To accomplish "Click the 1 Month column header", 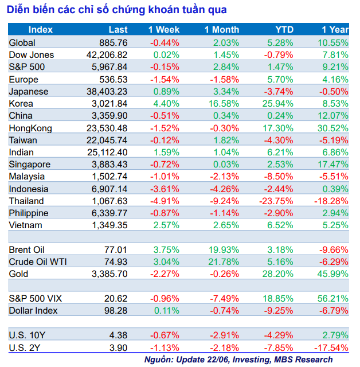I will pos(222,30).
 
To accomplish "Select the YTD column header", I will pos(284,30).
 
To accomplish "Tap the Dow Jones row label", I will pos(32,55).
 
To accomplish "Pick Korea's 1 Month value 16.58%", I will pos(223,104).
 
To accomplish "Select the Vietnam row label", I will pos(26,225).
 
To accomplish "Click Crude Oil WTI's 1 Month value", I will pos(223,262).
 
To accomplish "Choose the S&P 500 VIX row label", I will pos(35,298).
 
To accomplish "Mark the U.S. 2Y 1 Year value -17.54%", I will pos(331,348).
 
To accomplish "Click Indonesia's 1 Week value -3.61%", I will pos(165,189).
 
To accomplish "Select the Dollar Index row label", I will pos(34,310).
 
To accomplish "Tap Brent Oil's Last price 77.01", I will pos(115,250).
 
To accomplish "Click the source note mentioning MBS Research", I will pos(238,360).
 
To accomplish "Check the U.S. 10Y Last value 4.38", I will pos(118,335).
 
